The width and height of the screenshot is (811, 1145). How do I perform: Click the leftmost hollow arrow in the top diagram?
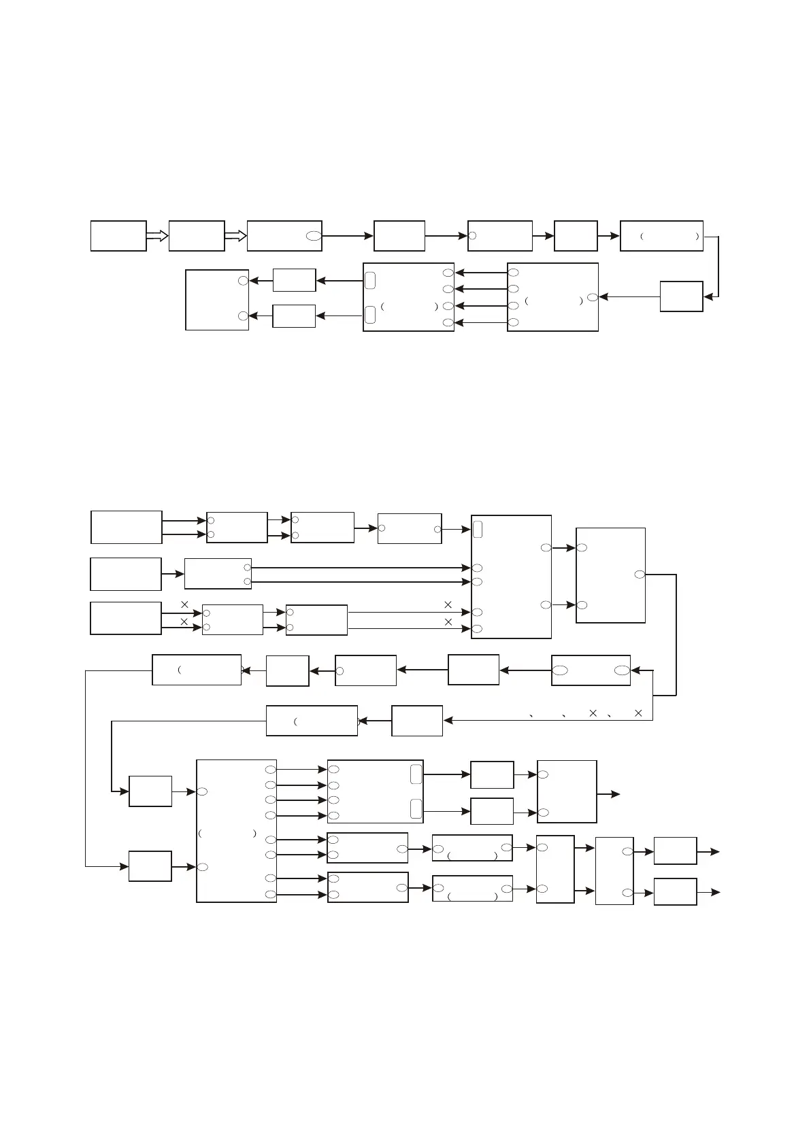click(157, 236)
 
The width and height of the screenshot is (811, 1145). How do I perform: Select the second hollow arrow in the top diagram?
click(235, 236)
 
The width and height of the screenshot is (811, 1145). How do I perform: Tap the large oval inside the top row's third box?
click(313, 236)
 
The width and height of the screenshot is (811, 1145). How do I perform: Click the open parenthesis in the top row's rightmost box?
click(642, 237)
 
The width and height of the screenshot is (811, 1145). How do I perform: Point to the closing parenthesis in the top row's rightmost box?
click(697, 237)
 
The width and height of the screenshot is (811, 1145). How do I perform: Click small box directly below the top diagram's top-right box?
click(681, 296)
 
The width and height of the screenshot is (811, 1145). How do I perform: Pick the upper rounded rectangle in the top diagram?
click(369, 280)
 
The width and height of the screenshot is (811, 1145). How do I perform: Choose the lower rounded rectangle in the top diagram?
click(369, 315)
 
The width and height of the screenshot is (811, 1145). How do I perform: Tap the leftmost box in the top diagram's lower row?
click(217, 300)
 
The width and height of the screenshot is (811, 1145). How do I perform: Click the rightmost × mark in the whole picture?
click(638, 713)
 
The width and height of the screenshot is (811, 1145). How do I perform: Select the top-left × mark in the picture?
click(184, 604)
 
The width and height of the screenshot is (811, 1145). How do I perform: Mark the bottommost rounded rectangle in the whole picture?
click(416, 808)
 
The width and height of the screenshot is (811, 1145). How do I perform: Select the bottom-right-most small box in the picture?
click(675, 891)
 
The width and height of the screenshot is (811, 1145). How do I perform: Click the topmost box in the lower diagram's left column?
click(127, 527)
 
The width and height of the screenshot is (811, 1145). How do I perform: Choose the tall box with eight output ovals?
click(236, 831)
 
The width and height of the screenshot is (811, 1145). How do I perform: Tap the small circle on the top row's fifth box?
click(472, 236)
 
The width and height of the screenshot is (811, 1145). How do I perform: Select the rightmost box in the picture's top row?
click(661, 236)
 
